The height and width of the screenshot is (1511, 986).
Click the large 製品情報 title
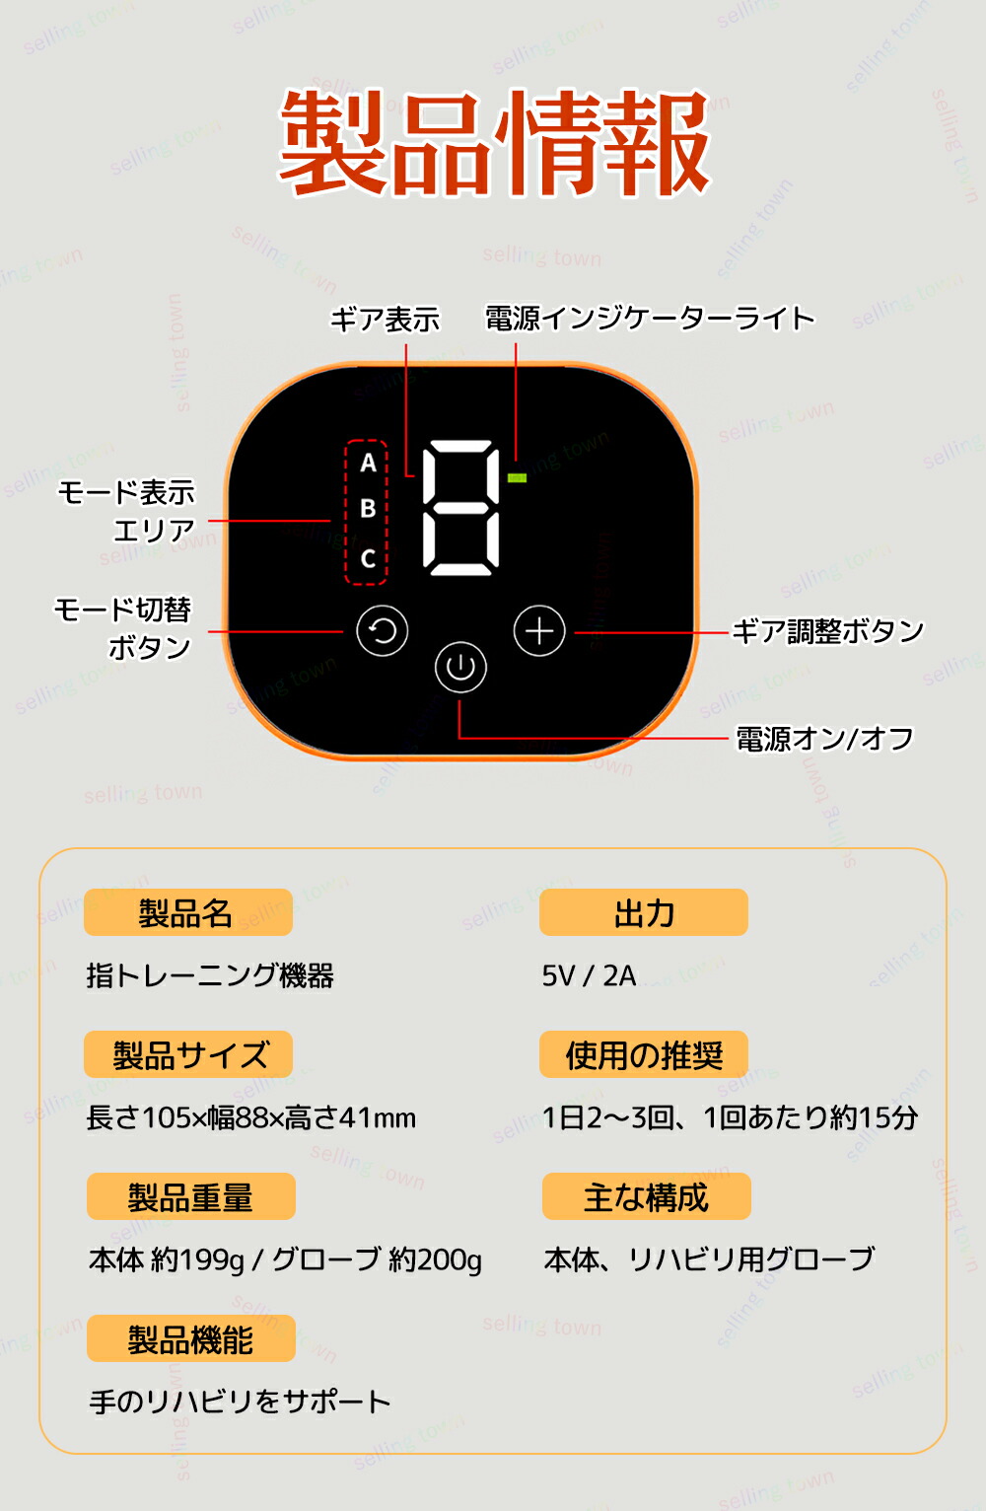coord(494,142)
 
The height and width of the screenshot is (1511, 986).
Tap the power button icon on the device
coord(460,667)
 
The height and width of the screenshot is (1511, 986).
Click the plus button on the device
coord(539,630)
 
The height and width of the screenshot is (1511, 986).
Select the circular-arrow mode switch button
coord(383,630)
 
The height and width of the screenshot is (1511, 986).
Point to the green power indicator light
coord(518,477)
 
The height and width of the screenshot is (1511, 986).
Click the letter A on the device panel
coord(368,463)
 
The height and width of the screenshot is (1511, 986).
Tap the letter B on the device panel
coord(368,509)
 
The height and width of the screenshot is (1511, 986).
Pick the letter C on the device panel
coord(368,558)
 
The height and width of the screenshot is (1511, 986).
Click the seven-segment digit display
coord(461,508)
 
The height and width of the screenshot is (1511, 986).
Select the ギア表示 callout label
coord(386,319)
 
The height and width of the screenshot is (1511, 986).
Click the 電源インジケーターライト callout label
coord(650,319)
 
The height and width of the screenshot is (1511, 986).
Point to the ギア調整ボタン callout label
coord(828,631)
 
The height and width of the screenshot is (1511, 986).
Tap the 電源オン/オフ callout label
coord(825,739)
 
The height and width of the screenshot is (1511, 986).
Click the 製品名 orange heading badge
coord(188,912)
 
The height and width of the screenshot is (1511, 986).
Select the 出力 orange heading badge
coord(644,912)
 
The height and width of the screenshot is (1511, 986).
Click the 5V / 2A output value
coord(589,976)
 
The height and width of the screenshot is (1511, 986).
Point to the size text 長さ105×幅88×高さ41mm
coord(250,1117)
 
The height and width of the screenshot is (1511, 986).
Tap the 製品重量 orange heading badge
coord(191,1196)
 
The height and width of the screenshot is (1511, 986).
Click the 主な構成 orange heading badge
coord(646,1196)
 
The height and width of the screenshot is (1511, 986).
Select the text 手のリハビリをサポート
coord(240,1403)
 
